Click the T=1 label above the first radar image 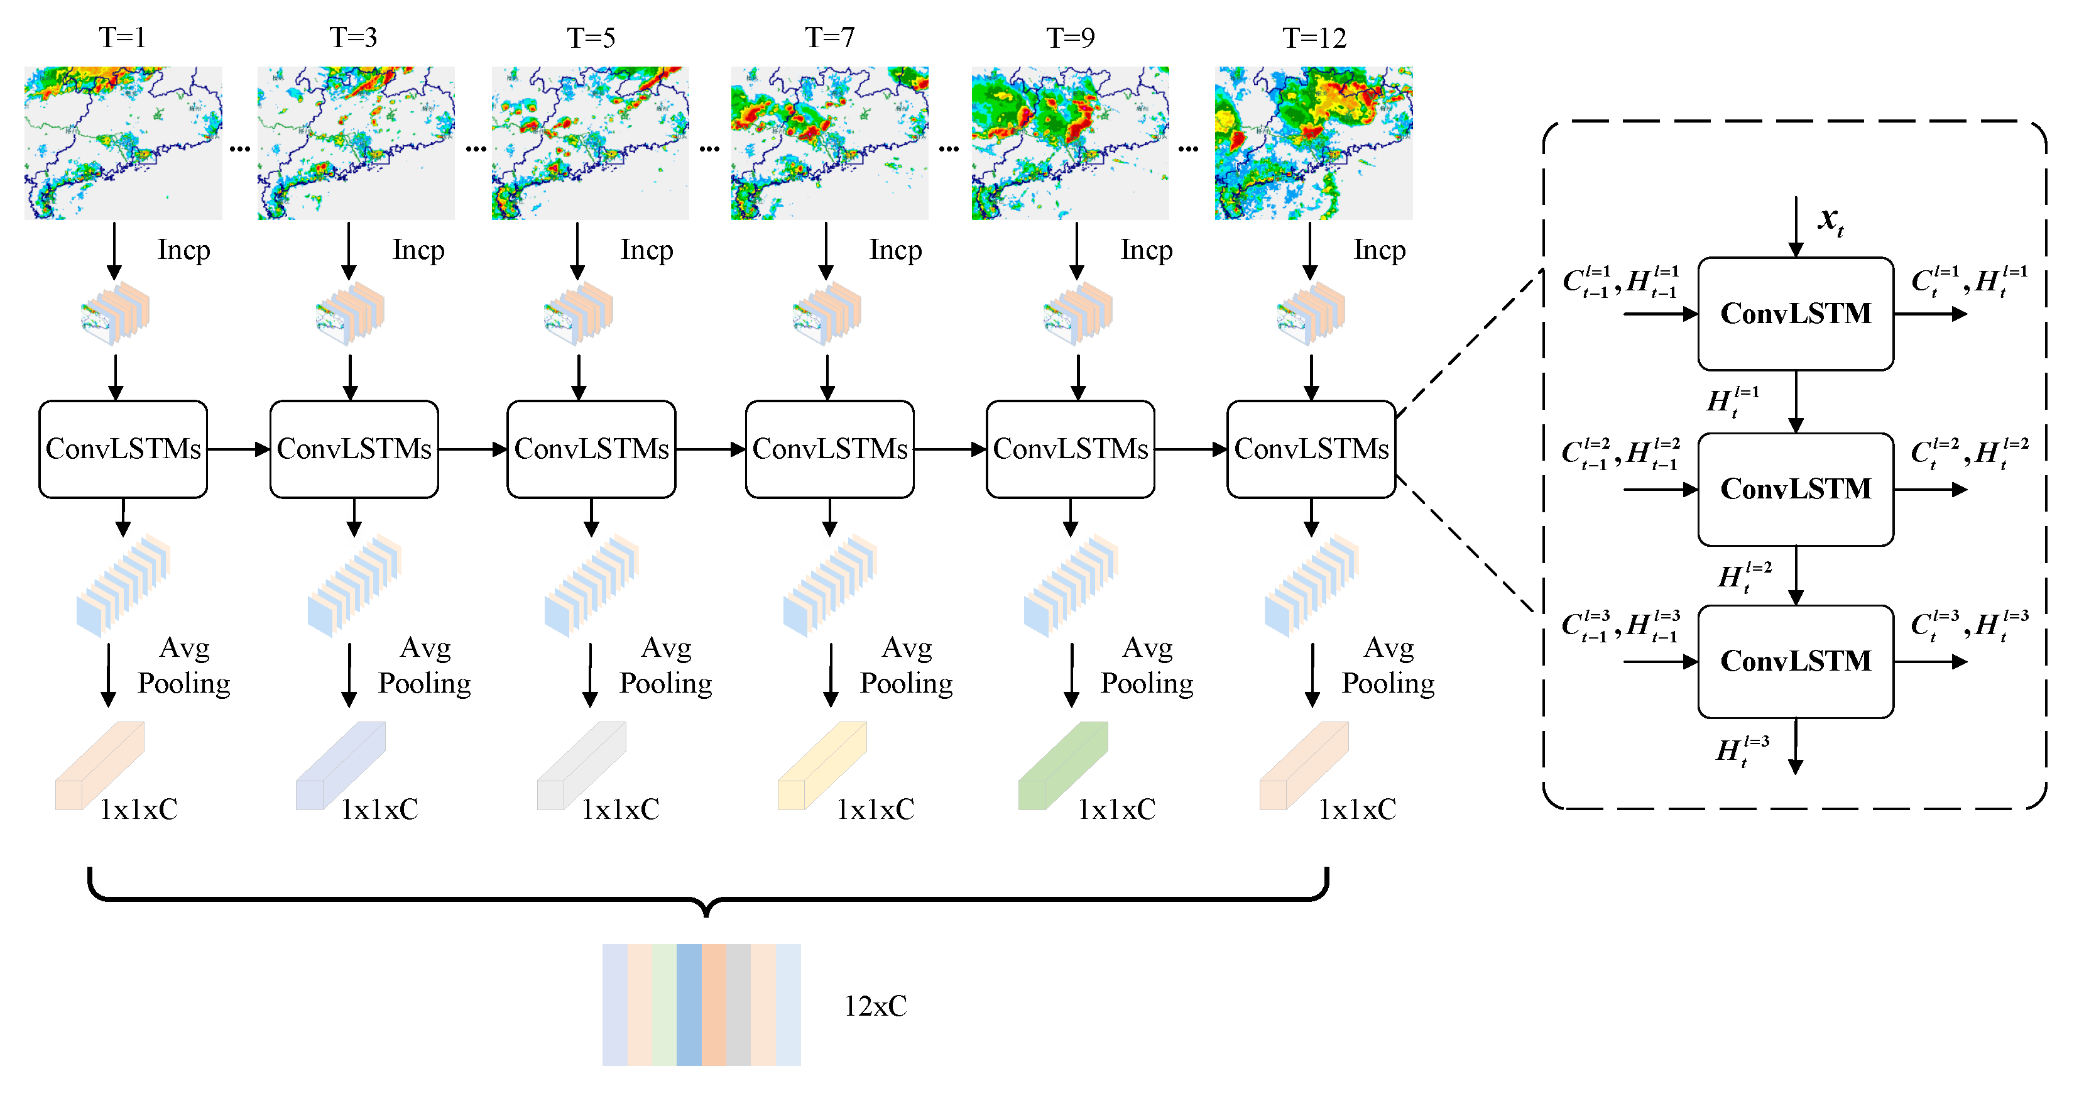point(122,37)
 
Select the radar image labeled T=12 point(1313,143)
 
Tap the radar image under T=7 point(829,143)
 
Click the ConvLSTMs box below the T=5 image point(591,449)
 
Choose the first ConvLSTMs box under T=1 point(123,449)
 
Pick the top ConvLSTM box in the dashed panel point(1795,314)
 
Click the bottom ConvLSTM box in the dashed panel point(1795,661)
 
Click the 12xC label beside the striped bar point(875,1006)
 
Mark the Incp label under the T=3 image point(418,250)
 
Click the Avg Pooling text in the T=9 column point(1147,666)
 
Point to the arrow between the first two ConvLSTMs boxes point(238,449)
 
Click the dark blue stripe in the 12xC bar point(689,1005)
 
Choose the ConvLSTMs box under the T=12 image point(1311,449)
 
